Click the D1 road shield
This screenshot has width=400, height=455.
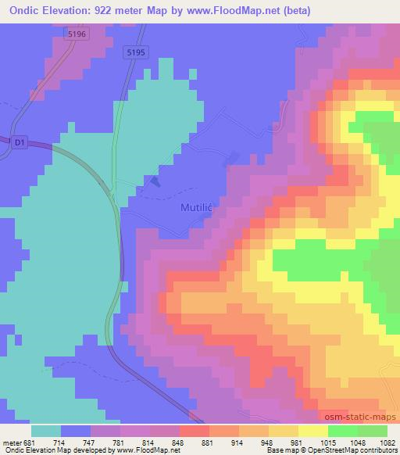tap(19, 142)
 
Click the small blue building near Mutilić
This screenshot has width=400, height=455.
tap(154, 182)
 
